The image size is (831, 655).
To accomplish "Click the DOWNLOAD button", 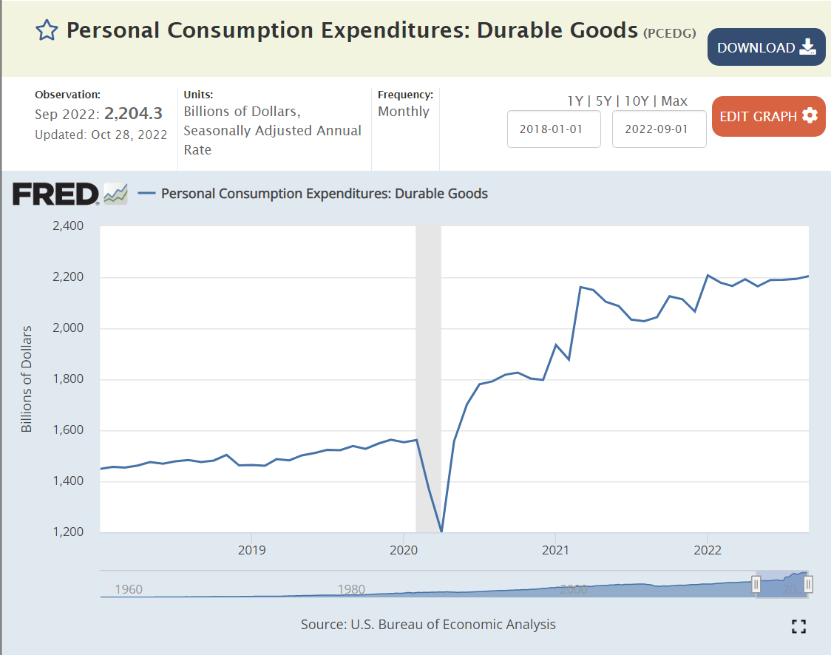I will coord(766,47).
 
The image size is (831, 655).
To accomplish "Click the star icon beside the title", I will coord(47,30).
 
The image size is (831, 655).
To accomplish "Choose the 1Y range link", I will coord(575,101).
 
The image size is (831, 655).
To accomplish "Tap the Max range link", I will coord(674,101).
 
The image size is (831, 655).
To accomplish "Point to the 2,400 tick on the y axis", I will coord(69,225).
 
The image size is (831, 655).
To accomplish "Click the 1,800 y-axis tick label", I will coord(69,379).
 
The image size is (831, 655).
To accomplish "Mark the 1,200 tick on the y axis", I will coord(69,532).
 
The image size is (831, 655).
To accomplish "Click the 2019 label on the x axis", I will coord(251,551).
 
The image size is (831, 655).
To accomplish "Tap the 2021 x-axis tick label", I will coord(555,551).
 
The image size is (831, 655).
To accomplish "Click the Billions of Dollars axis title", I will coord(27,379).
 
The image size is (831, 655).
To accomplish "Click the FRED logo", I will coord(55,194).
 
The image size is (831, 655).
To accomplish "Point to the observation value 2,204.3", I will coord(133,113).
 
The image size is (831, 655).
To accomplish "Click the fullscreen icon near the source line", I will coord(798,627).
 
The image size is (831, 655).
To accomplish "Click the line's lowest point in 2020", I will coord(441,531).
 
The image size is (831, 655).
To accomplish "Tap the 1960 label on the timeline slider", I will coord(129,589).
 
